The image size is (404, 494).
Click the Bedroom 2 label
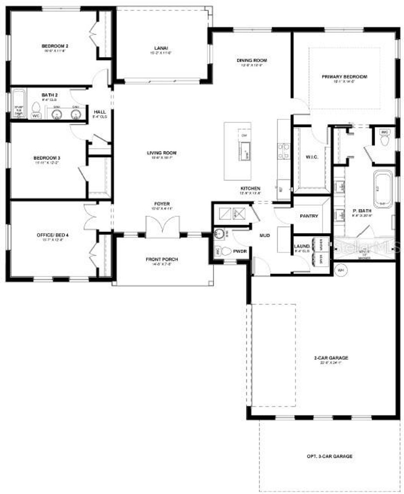[x=55, y=46]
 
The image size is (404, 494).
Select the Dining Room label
[x=252, y=60]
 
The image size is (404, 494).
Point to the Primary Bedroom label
[x=344, y=76]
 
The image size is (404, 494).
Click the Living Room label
[x=162, y=153]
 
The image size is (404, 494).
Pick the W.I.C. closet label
[x=312, y=157]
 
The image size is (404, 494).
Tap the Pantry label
[x=309, y=216]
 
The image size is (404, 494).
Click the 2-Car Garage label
[x=331, y=358]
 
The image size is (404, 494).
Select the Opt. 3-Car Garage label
[x=330, y=456]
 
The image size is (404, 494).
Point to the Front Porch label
[x=162, y=259]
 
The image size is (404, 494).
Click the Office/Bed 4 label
[x=52, y=235]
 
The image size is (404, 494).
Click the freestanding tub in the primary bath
[x=383, y=189]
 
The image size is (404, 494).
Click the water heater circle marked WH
[x=340, y=270]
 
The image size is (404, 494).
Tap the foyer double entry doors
[x=162, y=228]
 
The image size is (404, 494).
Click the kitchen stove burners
[x=284, y=151]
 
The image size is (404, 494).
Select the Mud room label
[x=264, y=235]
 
